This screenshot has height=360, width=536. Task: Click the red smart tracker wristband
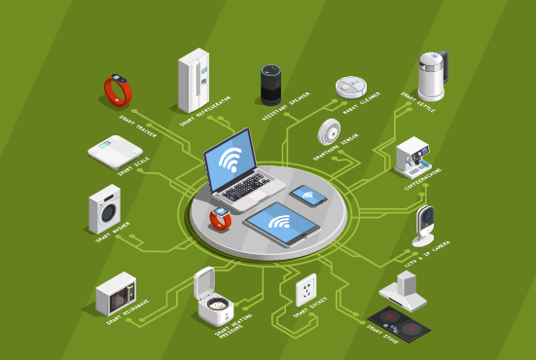[x=119, y=90]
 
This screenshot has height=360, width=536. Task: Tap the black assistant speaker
[x=270, y=85]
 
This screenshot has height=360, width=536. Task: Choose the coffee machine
[x=414, y=156]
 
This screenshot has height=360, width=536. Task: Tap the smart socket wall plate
[x=306, y=289]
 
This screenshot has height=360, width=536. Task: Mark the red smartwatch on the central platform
[x=221, y=217]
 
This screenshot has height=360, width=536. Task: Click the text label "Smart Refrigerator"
[x=206, y=113]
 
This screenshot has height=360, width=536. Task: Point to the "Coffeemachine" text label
[x=424, y=182]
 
